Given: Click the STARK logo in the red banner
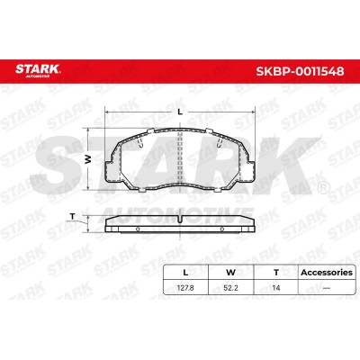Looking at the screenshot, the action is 38,70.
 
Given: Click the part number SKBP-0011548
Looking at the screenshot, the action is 300,71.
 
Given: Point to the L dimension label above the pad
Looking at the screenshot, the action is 180,112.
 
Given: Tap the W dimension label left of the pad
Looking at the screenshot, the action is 88,159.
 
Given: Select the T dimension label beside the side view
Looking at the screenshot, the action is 72,216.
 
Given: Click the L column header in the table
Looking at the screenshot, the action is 185,273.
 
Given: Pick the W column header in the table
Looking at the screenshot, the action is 230,273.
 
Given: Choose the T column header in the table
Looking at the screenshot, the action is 276,273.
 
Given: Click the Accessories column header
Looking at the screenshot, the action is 327,273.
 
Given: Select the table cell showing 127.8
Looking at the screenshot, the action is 185,288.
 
